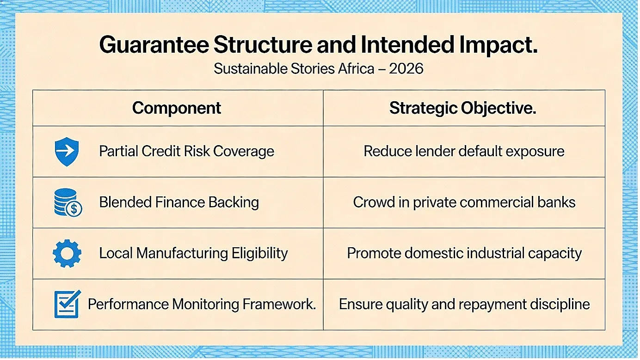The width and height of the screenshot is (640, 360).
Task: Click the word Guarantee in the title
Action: [x=154, y=45]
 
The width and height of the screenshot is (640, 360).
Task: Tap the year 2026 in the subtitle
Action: [x=406, y=69]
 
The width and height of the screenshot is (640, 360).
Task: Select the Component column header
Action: [x=177, y=108]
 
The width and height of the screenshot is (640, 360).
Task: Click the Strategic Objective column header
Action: [x=462, y=108]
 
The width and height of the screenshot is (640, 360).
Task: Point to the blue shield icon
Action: [x=67, y=152]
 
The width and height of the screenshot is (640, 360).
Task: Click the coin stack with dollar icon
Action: [x=68, y=202]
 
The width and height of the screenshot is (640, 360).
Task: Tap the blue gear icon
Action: [x=67, y=253]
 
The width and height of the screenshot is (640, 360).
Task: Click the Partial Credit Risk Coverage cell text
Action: [x=186, y=151]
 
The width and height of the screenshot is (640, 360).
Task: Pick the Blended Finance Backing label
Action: [x=179, y=202]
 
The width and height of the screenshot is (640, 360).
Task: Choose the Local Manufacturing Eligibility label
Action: [x=193, y=253]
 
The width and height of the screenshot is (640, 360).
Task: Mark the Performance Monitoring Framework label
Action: [x=202, y=304]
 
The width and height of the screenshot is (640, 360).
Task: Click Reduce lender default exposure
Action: [x=464, y=151]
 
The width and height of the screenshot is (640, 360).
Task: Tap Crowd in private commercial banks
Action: [x=464, y=202]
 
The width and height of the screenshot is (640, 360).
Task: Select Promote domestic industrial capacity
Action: [x=464, y=253]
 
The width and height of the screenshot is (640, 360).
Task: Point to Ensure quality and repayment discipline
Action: [x=464, y=304]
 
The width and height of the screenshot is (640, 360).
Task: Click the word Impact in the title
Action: [x=498, y=45]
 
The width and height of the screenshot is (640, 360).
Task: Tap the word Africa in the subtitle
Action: [x=356, y=69]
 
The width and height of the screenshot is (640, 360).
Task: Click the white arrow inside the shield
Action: [x=67, y=151]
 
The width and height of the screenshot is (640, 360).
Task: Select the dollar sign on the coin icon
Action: [x=74, y=209]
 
